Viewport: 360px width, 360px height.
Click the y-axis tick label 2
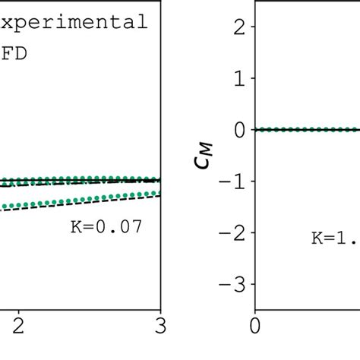tap(239, 27)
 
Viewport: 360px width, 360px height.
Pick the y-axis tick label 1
tap(239, 79)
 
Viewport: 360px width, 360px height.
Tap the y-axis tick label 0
tap(239, 130)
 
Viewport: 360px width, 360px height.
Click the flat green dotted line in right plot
tap(304, 130)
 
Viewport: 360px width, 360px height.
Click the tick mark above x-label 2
tap(20, 306)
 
